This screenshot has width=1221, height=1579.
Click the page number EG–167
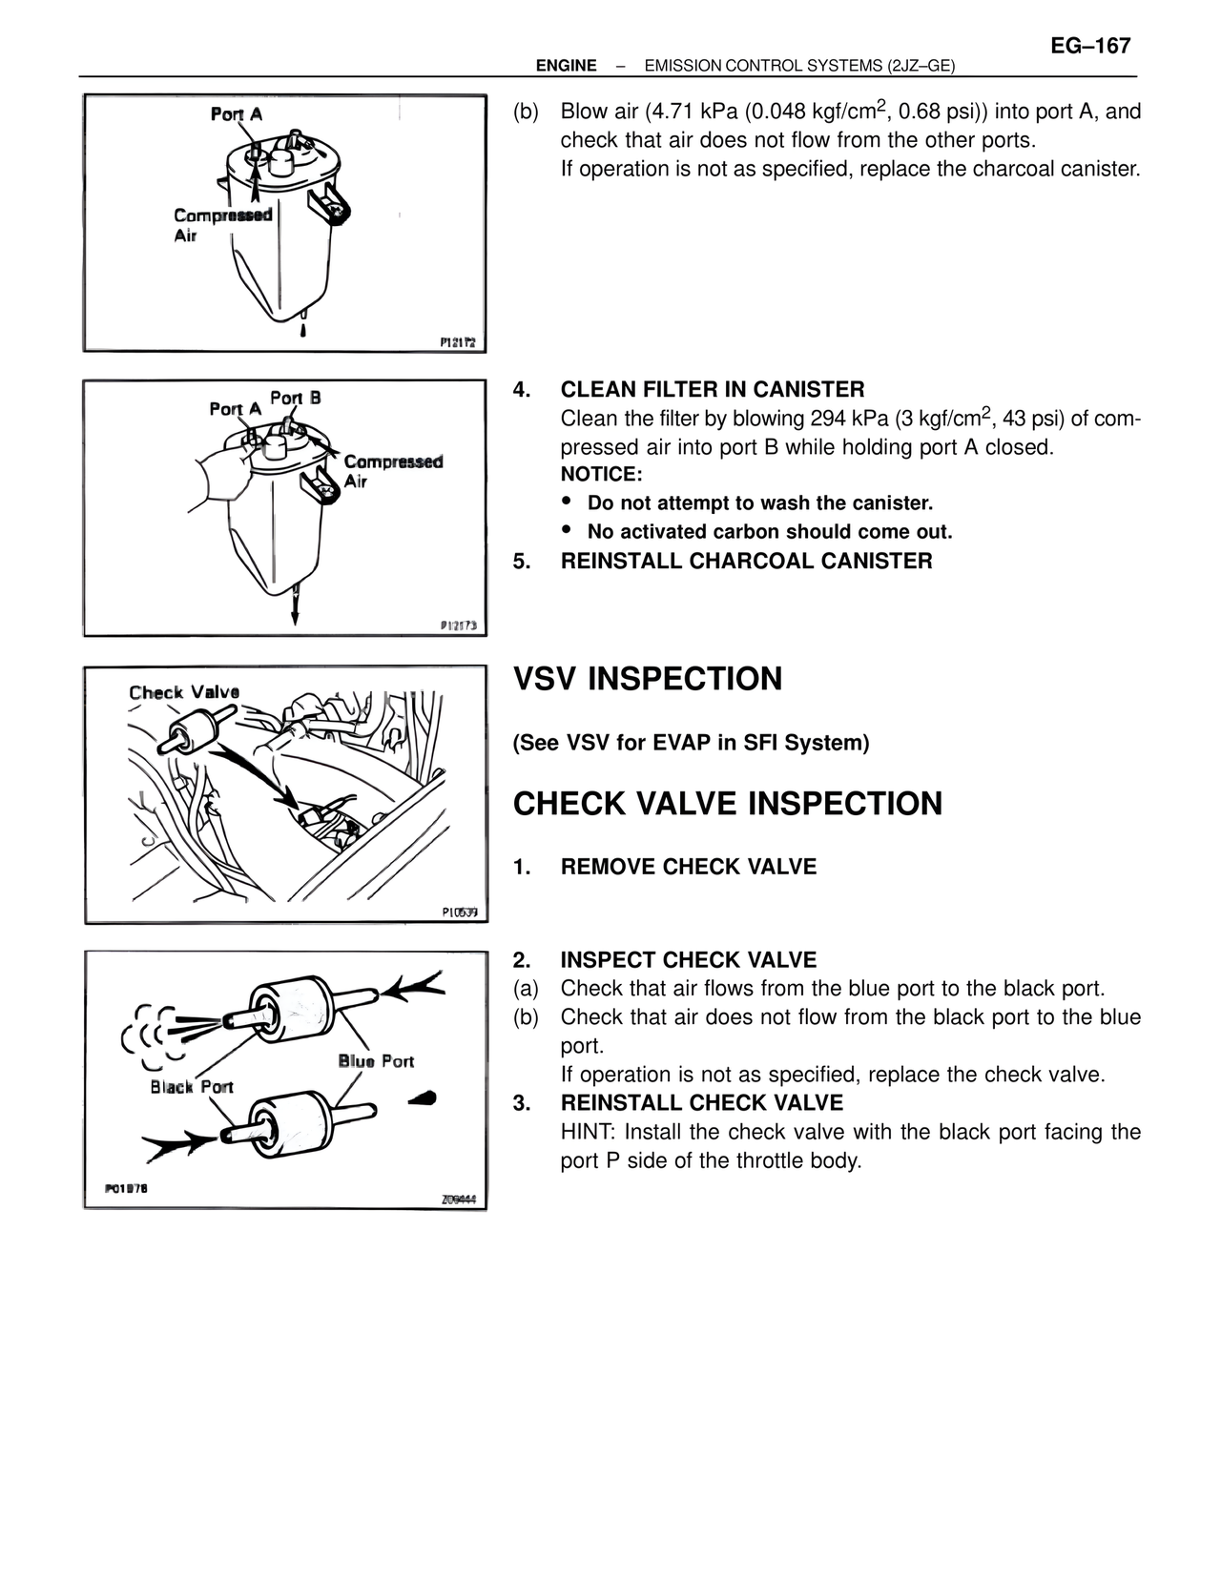click(x=1090, y=46)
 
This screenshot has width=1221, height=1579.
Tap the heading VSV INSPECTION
click(x=648, y=679)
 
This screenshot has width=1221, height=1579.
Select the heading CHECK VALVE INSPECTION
click(x=727, y=804)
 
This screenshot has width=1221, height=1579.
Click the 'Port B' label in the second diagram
click(x=295, y=398)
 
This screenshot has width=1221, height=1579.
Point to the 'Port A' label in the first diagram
click(x=237, y=114)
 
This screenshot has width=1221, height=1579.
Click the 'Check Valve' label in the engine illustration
click(x=184, y=692)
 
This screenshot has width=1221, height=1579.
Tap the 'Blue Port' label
click(x=376, y=1061)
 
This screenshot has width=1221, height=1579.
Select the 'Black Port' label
click(x=191, y=1087)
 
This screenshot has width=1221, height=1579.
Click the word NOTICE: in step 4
click(x=601, y=475)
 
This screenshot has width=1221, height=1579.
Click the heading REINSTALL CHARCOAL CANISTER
click(x=746, y=561)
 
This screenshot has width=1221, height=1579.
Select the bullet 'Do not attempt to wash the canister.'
click(x=759, y=503)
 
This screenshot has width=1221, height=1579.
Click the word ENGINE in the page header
click(x=566, y=66)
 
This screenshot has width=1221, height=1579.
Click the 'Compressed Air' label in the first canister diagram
click(x=221, y=225)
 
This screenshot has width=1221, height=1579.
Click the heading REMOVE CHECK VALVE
click(x=688, y=867)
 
